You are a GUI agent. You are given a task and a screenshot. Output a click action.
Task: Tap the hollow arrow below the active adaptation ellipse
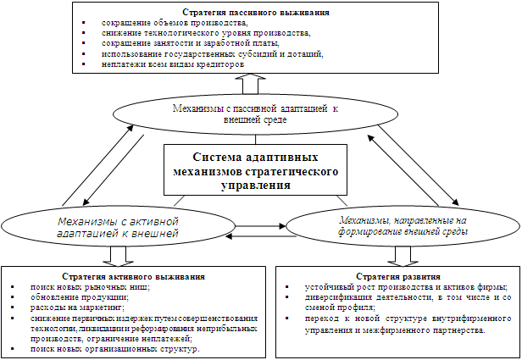115,255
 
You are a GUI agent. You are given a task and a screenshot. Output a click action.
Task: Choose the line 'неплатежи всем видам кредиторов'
172,64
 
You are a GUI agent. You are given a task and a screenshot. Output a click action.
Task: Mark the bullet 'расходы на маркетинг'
77,308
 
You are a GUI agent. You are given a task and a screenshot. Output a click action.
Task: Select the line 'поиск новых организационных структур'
114,349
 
